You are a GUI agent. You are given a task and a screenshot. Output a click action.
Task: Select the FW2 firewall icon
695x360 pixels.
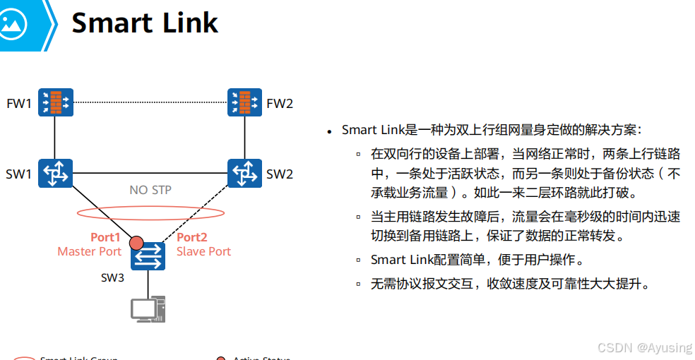tap(244, 102)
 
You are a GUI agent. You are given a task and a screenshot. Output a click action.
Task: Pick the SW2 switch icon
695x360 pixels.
tap(244, 173)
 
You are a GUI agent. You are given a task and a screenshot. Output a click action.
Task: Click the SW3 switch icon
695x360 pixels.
tap(148, 256)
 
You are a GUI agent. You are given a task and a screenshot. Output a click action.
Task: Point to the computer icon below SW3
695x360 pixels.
tap(148, 308)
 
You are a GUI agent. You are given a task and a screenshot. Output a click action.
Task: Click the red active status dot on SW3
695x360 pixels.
tap(136, 243)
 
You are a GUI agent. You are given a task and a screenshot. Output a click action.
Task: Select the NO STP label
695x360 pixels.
tap(150, 190)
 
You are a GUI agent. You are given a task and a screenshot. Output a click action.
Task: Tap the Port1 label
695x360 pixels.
tap(105, 237)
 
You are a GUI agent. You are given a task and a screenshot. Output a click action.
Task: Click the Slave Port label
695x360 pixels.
tap(203, 251)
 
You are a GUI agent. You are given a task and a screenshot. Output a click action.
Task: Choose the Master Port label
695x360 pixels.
tap(90, 251)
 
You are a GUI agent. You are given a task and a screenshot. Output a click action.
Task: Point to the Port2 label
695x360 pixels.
tap(191, 237)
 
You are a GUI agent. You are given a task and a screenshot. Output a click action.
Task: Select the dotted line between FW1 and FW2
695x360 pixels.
tap(150, 102)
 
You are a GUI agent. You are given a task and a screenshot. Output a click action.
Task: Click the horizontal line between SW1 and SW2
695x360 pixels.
tap(150, 173)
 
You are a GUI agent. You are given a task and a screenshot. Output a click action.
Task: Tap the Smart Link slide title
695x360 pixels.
tap(145, 23)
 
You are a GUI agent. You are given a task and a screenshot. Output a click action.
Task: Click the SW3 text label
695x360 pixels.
tap(112, 277)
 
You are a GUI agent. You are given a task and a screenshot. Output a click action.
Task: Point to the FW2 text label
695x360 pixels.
tap(280, 104)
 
